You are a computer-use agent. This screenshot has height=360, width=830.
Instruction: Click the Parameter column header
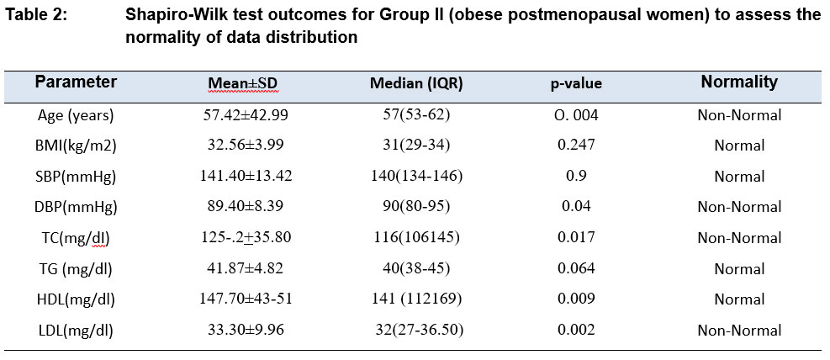(x=76, y=82)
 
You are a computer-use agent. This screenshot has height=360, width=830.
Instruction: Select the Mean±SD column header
(x=243, y=83)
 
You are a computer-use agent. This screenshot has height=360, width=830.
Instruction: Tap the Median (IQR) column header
(x=416, y=83)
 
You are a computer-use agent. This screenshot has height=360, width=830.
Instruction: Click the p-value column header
(x=576, y=84)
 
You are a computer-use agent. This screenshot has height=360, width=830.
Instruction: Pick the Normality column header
(x=739, y=82)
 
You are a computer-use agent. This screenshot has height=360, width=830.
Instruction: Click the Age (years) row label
(x=77, y=115)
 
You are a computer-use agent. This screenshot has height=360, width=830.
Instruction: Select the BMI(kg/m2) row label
(x=77, y=146)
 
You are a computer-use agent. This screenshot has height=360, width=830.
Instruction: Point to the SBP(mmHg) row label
(x=77, y=177)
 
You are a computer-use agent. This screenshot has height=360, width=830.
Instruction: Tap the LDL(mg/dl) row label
(x=77, y=331)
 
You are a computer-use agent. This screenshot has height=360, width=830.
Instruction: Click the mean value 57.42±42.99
(x=246, y=115)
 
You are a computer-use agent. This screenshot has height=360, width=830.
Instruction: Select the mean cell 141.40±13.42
(x=246, y=177)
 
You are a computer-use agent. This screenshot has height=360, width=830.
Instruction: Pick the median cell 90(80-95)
(x=416, y=207)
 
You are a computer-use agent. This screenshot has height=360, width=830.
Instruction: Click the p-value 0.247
(x=575, y=146)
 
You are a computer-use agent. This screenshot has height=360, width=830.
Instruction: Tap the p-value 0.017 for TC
(x=575, y=238)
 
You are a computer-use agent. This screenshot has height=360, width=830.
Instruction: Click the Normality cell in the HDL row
(x=739, y=299)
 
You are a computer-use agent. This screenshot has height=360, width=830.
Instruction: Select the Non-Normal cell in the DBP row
(x=739, y=207)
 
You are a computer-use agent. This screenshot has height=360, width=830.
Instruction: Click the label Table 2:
(x=36, y=15)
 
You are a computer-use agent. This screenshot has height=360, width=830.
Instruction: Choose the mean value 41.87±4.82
(x=246, y=268)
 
